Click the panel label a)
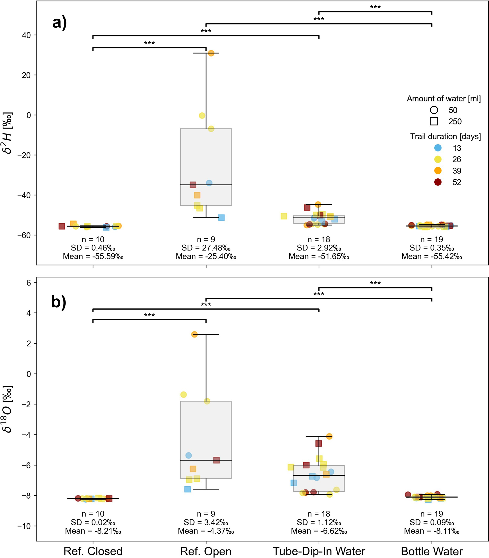click(59, 22)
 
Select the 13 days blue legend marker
click(438, 148)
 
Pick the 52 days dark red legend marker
click(438, 182)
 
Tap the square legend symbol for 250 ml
click(434, 121)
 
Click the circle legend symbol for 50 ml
click(434, 110)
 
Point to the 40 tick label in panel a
click(26, 35)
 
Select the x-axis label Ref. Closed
click(93, 551)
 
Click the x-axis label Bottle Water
click(432, 551)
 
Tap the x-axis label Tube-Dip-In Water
click(319, 551)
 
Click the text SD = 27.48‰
click(206, 248)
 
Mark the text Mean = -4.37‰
click(206, 531)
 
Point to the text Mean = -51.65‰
click(319, 256)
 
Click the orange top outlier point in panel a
click(211, 53)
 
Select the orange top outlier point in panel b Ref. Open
click(194, 334)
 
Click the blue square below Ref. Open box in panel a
click(221, 217)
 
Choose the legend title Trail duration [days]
click(445, 137)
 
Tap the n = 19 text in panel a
click(432, 239)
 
